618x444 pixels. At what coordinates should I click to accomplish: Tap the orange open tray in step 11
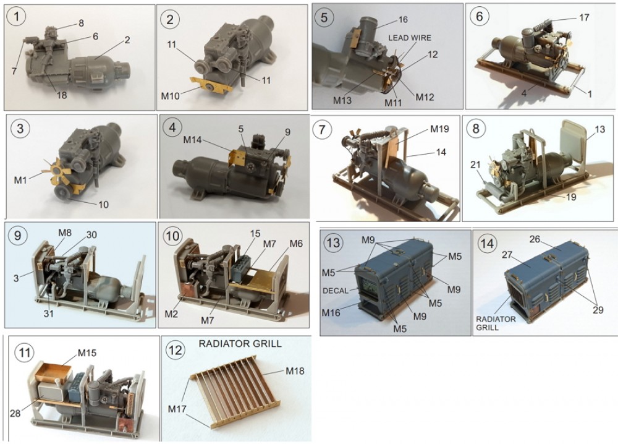pyautogui.click(x=56, y=371)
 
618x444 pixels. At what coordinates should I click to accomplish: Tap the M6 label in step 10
pyautogui.click(x=295, y=244)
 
